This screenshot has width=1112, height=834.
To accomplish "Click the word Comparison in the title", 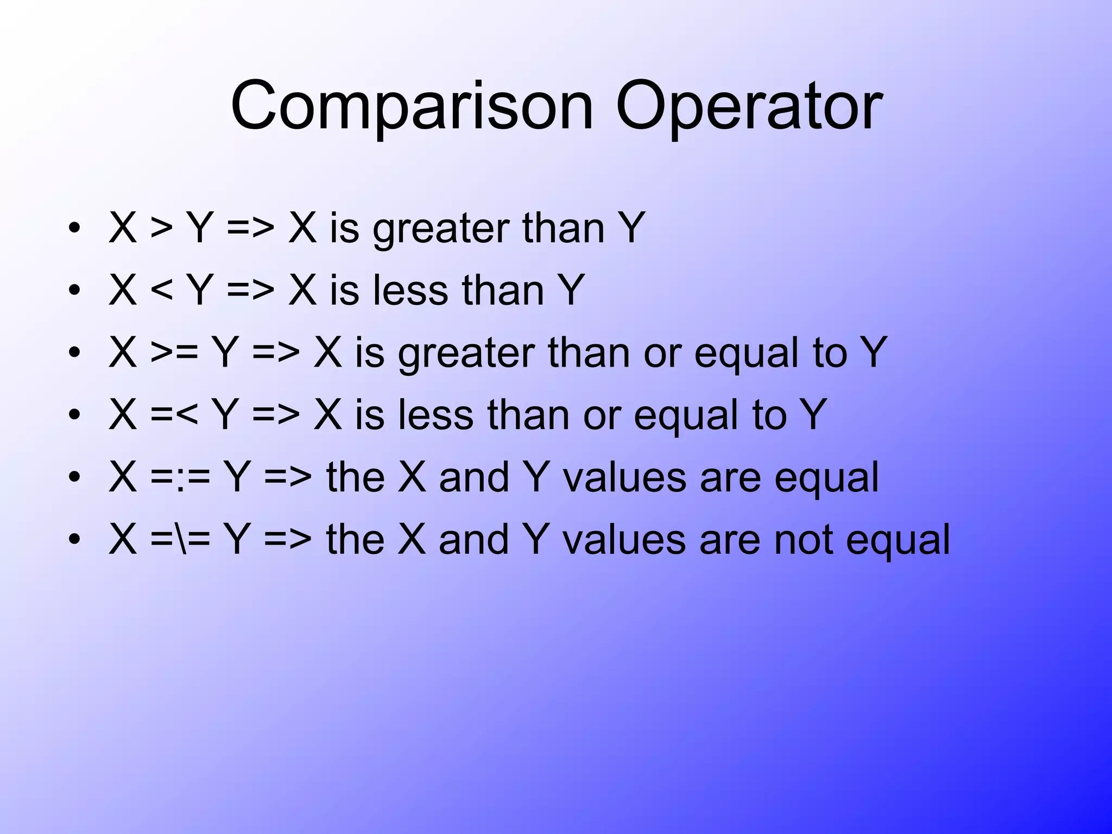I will point(412,106).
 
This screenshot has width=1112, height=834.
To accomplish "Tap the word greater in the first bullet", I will point(440,229).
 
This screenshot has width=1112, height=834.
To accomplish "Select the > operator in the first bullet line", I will point(161,229).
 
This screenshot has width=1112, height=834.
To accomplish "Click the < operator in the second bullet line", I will point(161,291).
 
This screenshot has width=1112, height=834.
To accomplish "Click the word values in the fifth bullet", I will point(624,478).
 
